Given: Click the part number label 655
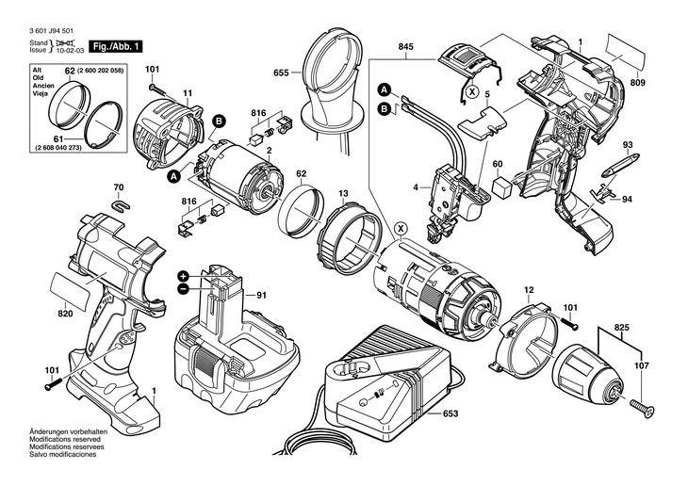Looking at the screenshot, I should [x=281, y=73].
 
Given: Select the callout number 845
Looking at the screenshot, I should [x=406, y=47].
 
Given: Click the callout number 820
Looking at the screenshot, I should [x=65, y=315].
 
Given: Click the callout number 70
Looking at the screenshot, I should [x=119, y=186].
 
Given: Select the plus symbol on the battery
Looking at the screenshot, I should [x=183, y=274].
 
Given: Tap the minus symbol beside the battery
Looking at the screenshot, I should [x=183, y=289].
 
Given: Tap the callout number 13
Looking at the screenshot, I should [x=343, y=193].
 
